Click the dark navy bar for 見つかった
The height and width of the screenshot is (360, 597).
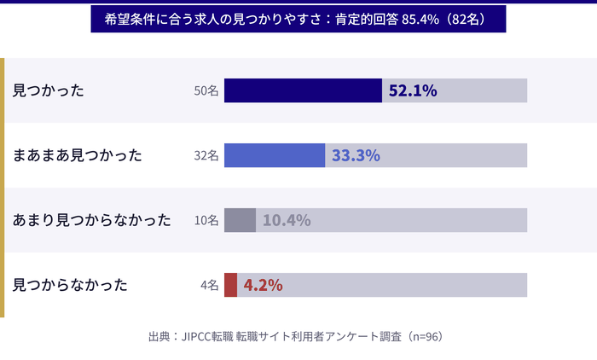point(303,90)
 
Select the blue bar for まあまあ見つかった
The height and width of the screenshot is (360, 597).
point(275,155)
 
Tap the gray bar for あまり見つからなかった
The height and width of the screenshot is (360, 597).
point(240,220)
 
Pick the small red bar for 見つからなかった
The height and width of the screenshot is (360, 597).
point(230,285)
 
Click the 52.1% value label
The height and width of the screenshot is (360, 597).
point(413,90)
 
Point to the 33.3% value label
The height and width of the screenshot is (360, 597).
point(356,155)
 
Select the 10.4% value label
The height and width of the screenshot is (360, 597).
point(287,220)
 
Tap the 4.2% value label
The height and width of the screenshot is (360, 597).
point(263,285)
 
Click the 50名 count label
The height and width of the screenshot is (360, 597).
point(206,90)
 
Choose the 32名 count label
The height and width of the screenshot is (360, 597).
point(206,155)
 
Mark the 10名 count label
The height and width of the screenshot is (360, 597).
point(206,220)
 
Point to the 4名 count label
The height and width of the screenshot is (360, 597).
point(210,285)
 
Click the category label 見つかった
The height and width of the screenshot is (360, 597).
point(49,90)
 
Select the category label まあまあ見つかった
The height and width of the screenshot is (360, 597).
point(78,155)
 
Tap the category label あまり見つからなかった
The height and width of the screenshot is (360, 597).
point(92,220)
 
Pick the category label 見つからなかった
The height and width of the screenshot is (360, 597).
point(71,285)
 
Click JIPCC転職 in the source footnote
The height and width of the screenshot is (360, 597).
point(207,336)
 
